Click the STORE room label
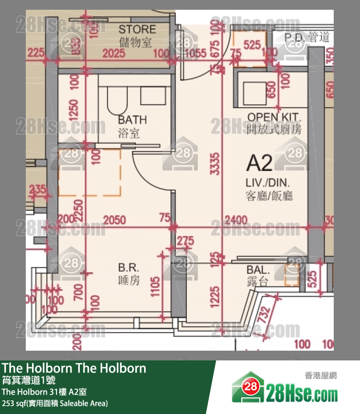(x=137, y=29)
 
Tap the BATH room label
(x=132, y=120)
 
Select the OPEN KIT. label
(x=274, y=117)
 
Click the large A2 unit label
(x=259, y=163)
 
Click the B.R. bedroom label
(x=129, y=267)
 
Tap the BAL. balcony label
(x=258, y=270)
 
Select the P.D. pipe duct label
(x=295, y=38)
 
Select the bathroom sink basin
(x=153, y=95)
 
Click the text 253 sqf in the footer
(x=15, y=403)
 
